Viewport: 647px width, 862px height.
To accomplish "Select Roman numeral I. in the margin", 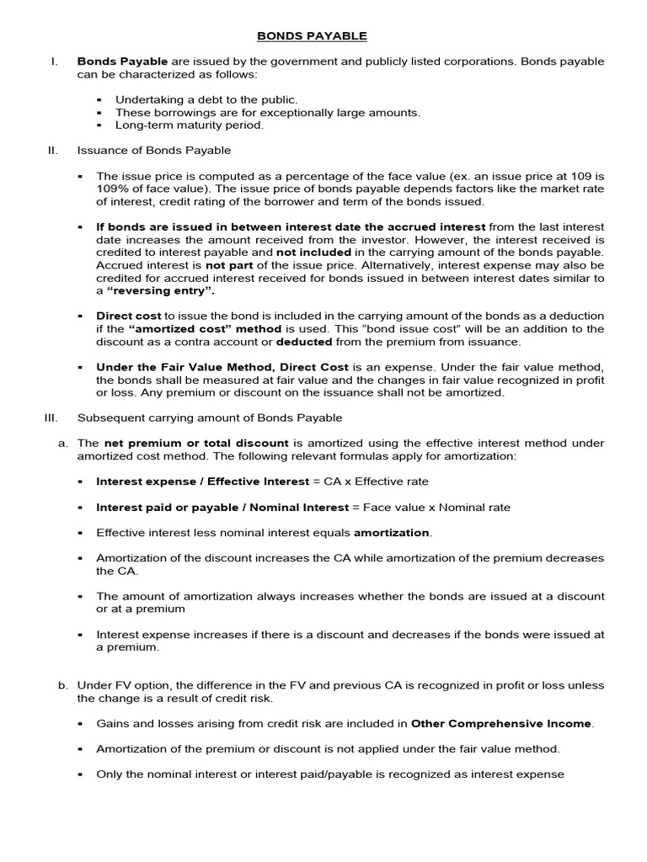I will (54, 62).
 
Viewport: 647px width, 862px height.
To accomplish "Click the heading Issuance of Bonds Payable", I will (154, 150).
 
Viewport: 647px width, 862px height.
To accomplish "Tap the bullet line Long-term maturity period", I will (190, 125).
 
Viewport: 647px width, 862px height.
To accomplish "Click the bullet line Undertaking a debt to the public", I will (206, 99).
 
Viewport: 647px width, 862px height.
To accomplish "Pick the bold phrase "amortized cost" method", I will (188, 328).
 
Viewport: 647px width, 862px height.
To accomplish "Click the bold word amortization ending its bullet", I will (392, 533).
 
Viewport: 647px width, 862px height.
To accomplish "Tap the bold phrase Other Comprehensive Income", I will (501, 723).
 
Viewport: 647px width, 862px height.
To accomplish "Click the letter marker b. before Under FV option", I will (63, 685).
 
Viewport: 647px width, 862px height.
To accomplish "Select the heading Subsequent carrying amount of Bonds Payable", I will (210, 418).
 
